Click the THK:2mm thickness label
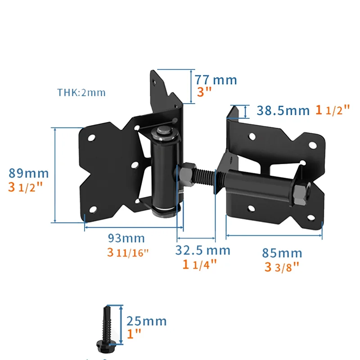click(x=81, y=93)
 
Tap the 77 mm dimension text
click(x=216, y=80)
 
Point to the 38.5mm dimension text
click(x=283, y=110)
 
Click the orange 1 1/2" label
click(x=333, y=110)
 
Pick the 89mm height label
click(x=29, y=173)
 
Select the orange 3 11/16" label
click(x=127, y=252)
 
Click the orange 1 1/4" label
click(x=200, y=265)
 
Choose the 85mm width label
click(x=282, y=253)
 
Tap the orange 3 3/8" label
click(x=282, y=268)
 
